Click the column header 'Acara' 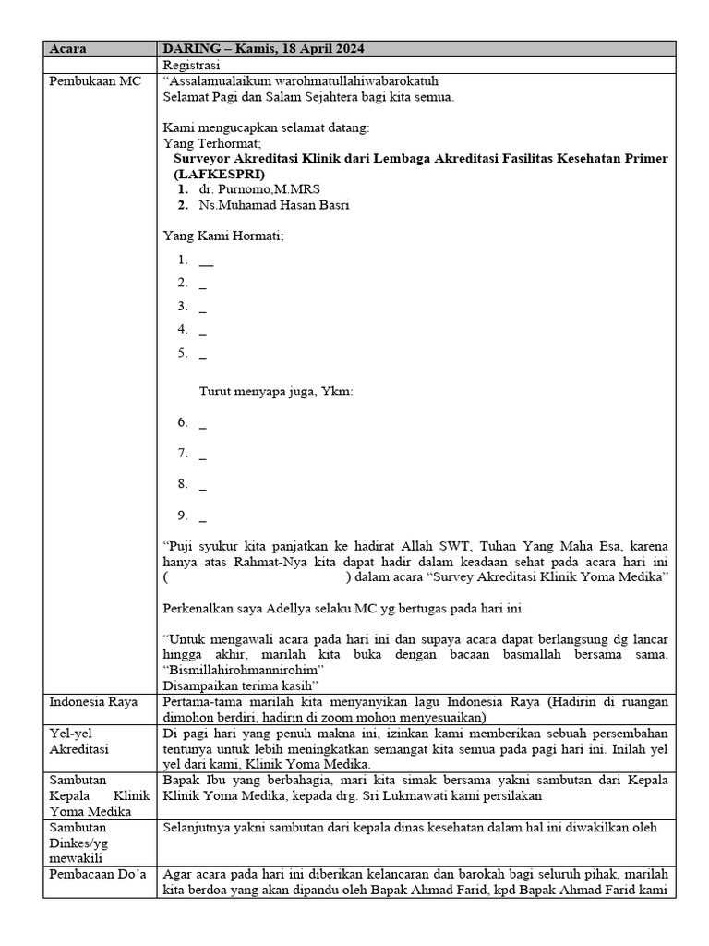coord(67,49)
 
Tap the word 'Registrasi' coord(191,66)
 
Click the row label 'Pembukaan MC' coord(96,81)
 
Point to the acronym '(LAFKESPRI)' coord(219,174)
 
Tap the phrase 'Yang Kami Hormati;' coord(223,236)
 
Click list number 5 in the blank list coord(183,352)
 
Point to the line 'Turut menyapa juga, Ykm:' coord(276,392)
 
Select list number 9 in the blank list coord(183,515)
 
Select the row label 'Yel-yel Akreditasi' coord(79,741)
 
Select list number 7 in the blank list coord(183,454)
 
